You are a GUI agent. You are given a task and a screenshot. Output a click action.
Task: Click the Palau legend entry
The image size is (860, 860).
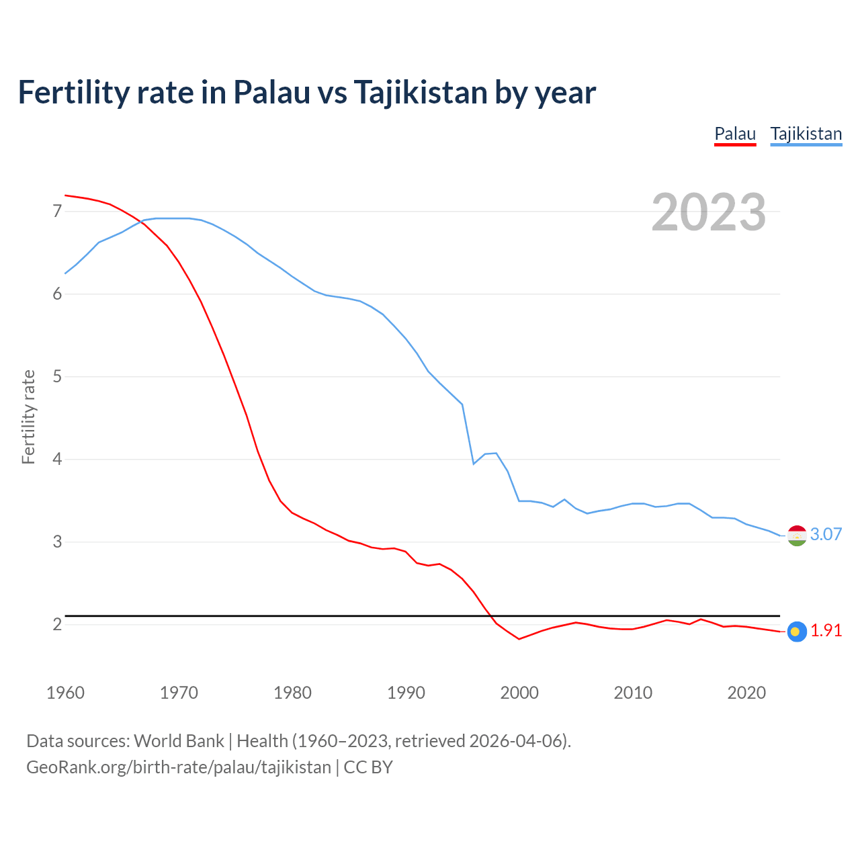tap(735, 134)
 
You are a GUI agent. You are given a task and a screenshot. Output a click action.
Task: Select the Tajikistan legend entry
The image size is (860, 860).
tap(806, 134)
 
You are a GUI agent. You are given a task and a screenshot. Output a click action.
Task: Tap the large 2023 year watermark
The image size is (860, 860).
tap(708, 212)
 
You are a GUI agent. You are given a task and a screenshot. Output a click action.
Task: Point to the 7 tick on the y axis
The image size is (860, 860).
tap(57, 212)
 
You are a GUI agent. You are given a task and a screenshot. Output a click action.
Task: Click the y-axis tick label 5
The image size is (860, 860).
tap(57, 377)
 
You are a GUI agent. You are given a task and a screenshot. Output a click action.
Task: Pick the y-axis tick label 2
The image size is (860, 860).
tap(57, 625)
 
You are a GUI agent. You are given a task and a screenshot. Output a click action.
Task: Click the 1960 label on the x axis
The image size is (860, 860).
tap(65, 693)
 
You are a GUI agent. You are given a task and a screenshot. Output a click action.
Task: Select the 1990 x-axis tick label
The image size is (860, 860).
tap(406, 693)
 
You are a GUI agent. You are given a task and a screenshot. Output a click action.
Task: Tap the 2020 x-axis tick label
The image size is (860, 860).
tap(746, 693)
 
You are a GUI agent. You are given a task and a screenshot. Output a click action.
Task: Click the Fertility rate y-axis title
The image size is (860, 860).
tap(28, 417)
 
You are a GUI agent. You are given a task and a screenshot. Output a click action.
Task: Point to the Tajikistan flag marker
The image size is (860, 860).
tap(797, 535)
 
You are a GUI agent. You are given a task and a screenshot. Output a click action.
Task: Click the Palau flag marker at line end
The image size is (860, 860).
tap(797, 632)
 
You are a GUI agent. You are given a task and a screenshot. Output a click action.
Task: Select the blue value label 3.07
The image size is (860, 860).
tap(826, 535)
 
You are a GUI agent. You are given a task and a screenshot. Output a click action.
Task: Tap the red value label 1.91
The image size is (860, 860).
tap(826, 631)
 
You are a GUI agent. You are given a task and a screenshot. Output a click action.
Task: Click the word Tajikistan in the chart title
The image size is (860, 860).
tap(420, 93)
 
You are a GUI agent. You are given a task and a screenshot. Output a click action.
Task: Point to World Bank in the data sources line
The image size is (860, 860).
tap(179, 741)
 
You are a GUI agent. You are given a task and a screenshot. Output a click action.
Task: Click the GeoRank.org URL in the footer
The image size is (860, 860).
tap(179, 767)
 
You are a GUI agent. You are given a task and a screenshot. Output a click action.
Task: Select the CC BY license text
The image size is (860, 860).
tap(368, 767)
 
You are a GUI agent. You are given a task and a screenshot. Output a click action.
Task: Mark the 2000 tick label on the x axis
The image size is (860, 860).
tap(519, 693)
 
